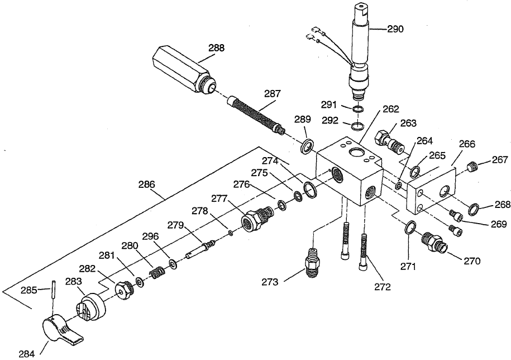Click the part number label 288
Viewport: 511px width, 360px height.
pos(216,48)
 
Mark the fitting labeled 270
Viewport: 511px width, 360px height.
pos(433,243)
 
